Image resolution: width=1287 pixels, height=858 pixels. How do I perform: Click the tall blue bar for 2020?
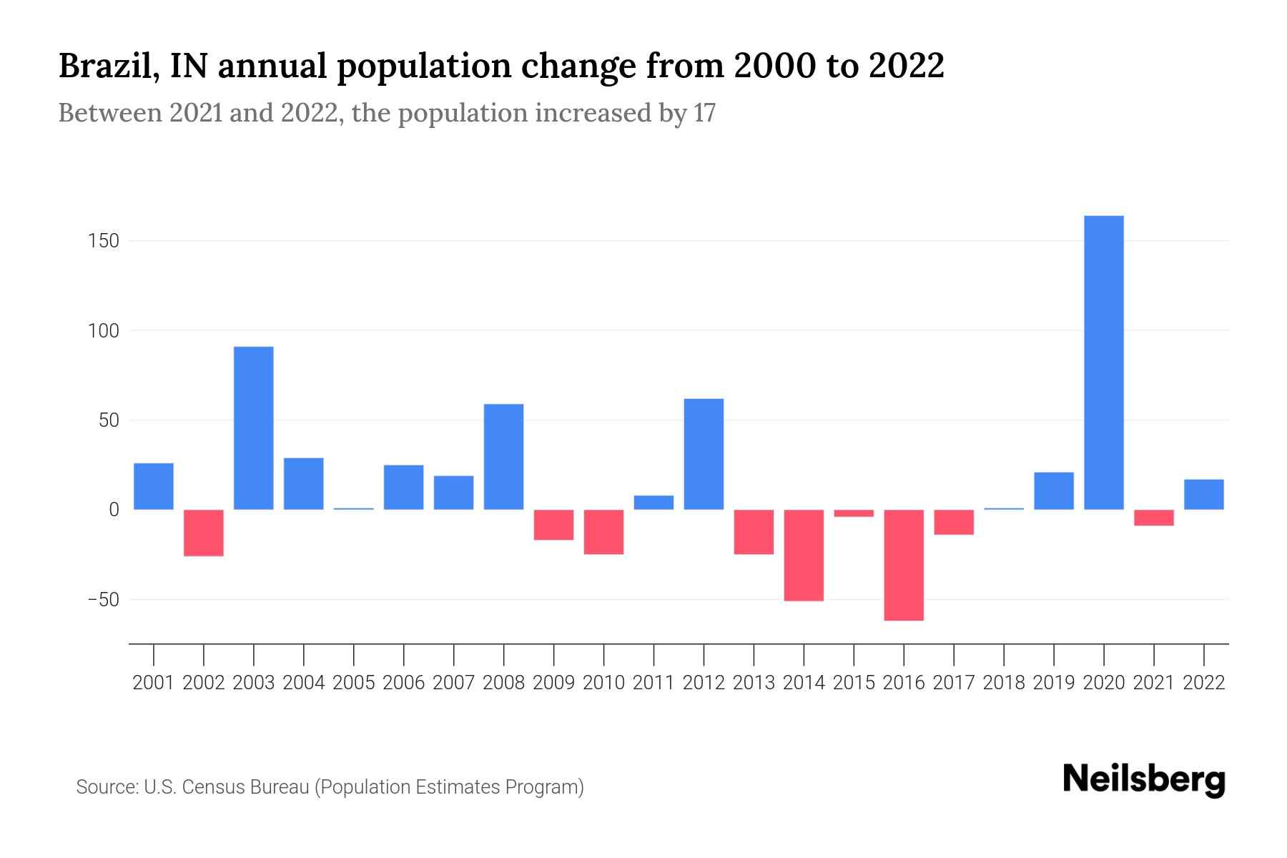point(1103,363)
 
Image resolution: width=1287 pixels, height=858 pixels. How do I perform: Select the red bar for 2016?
point(904,565)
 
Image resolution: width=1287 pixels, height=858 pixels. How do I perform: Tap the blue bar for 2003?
point(254,428)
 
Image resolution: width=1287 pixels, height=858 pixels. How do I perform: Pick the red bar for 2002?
point(204,533)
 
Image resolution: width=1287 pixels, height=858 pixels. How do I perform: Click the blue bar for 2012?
point(704,454)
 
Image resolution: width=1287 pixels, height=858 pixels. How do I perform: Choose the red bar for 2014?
point(804,555)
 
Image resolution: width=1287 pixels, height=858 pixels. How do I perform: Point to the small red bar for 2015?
point(854,513)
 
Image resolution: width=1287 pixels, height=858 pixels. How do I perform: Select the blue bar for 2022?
point(1203,494)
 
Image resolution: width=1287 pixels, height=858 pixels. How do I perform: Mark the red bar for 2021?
point(1153,518)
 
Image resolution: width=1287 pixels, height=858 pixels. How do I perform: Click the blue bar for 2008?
point(503,457)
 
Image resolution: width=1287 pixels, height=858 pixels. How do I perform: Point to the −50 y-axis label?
point(103,599)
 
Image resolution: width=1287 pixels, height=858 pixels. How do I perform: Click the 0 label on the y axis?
point(114,510)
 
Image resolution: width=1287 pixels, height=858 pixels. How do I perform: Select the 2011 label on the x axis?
point(654,683)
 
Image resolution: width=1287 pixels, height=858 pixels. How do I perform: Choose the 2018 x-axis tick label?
point(1003,683)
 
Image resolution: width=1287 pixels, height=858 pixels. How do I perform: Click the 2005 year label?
point(354,683)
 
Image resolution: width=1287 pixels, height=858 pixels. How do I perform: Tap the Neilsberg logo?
point(1144,779)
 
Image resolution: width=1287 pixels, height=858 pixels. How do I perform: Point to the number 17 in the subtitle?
point(704,113)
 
